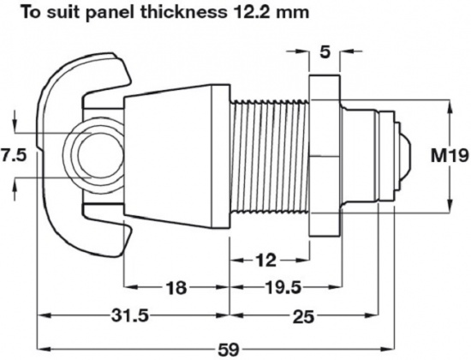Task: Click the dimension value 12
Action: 266,258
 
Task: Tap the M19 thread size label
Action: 449,155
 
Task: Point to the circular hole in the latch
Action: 94,156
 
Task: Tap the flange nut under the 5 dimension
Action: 324,156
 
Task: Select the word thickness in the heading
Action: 188,13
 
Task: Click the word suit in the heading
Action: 79,13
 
